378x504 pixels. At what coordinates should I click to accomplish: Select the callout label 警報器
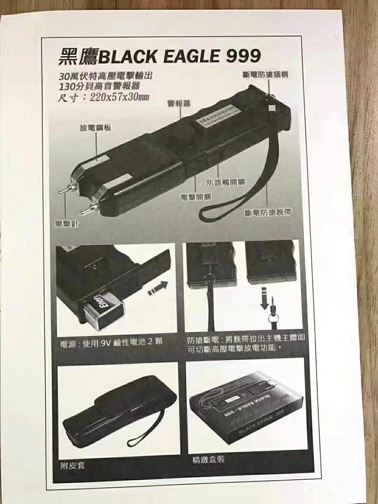click(179, 103)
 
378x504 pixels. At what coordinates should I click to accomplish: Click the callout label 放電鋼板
click(96, 127)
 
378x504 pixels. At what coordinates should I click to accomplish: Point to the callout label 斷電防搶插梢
click(266, 74)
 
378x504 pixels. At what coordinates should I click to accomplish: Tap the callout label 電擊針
click(66, 224)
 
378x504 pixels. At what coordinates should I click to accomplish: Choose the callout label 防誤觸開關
click(225, 182)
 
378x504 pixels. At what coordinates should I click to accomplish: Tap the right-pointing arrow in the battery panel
click(157, 288)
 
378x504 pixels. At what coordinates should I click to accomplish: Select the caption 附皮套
click(72, 465)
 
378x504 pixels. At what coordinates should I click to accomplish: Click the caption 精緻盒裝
click(208, 460)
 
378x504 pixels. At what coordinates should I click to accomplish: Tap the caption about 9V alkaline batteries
click(111, 342)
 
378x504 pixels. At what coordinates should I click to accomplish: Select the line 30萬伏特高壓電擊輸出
click(106, 76)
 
